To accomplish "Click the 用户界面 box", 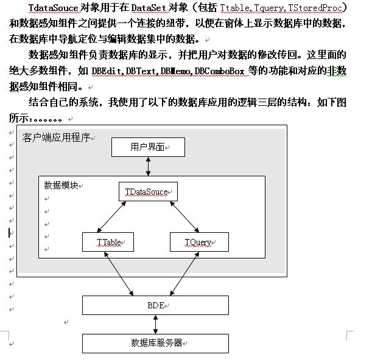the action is point(148,147).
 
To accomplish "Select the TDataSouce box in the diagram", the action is point(148,192).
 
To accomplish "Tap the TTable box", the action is point(108,242).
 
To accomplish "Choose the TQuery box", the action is point(200,242).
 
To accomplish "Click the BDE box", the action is point(156,305).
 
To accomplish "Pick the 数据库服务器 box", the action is point(156,344).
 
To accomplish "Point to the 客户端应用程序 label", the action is point(57,137).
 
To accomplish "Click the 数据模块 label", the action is point(61,185).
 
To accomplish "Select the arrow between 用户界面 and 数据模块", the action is point(148,166).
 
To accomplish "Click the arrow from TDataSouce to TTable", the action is point(111,216).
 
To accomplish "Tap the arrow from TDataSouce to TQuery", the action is point(184,216).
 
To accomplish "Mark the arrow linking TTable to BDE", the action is point(119,274).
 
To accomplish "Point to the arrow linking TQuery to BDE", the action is point(184,274).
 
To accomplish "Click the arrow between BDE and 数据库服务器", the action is point(156,324).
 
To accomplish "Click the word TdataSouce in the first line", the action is point(53,8).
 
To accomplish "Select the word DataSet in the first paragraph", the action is point(149,8).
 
